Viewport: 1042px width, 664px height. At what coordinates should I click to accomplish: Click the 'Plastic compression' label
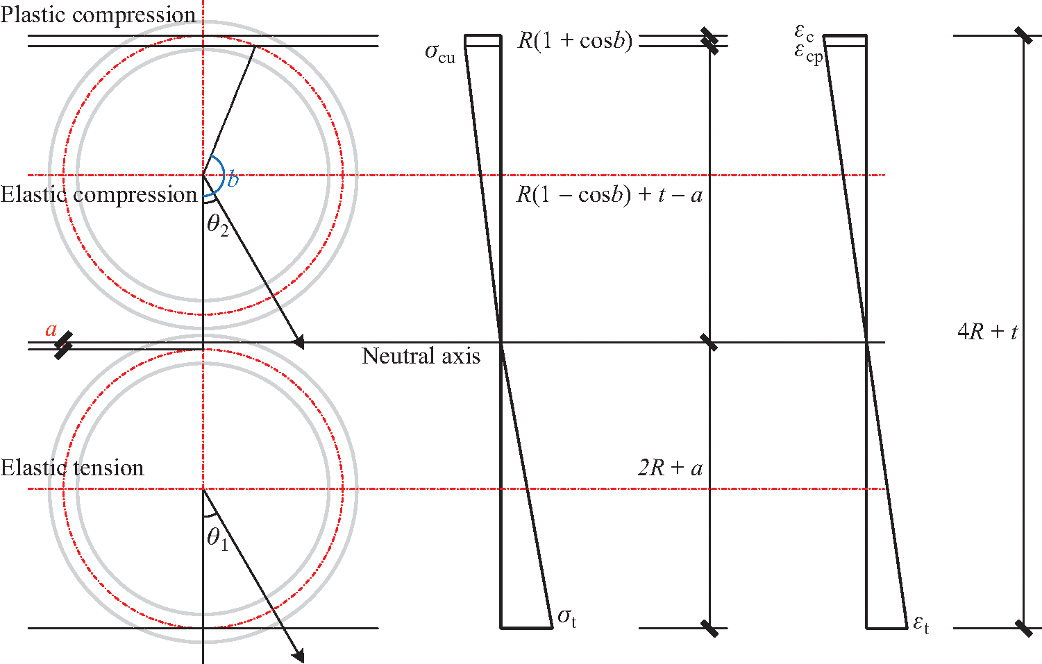(x=98, y=15)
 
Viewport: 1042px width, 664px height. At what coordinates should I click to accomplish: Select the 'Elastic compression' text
(x=99, y=194)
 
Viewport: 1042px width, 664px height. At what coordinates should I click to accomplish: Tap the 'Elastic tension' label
(x=72, y=468)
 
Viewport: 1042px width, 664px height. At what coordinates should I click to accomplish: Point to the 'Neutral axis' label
(x=421, y=356)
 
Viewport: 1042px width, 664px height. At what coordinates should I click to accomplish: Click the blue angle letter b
(x=233, y=180)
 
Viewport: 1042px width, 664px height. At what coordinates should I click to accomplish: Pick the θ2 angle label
(x=218, y=226)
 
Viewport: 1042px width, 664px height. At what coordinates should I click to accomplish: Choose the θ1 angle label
(x=218, y=540)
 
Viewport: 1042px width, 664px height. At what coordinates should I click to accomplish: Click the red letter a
(x=51, y=330)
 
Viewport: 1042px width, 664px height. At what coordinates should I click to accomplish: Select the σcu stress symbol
(x=440, y=53)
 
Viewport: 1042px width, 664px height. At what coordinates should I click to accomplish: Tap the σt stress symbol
(x=567, y=618)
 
